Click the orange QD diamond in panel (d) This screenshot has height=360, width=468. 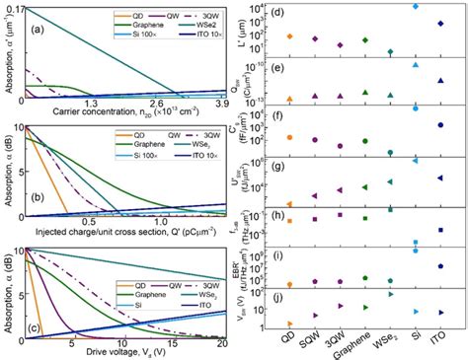289,36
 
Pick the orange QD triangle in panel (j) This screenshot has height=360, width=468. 289,323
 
